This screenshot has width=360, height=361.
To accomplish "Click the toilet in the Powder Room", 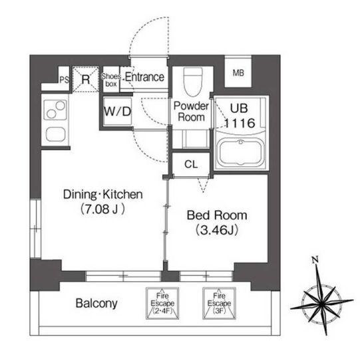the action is [193, 82].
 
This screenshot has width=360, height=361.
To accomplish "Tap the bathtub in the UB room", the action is [241, 152].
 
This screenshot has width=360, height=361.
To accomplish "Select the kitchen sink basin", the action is [55, 134].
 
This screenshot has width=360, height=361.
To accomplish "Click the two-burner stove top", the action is [55, 109].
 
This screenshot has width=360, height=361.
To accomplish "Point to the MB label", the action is [238, 73].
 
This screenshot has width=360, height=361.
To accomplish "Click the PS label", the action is [64, 80].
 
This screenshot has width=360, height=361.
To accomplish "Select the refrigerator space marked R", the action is [86, 79].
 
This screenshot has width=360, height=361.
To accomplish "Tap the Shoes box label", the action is [111, 80].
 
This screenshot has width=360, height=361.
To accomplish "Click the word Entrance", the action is [144, 77].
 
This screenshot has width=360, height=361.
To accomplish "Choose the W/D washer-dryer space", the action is [118, 112].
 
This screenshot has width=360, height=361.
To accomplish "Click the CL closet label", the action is [191, 164].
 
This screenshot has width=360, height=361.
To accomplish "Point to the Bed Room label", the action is [217, 215].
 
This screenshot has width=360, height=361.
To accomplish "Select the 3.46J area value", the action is [217, 230].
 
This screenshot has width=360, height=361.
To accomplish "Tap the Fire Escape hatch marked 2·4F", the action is [162, 303].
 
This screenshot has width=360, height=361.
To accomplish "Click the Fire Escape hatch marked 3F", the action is [219, 303].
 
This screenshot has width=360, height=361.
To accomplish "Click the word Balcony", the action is [96, 303].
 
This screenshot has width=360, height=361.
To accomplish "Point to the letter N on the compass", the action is [315, 260].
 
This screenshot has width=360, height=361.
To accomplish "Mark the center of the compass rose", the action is [321, 304].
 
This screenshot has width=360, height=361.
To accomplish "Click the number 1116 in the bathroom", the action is [240, 123].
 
